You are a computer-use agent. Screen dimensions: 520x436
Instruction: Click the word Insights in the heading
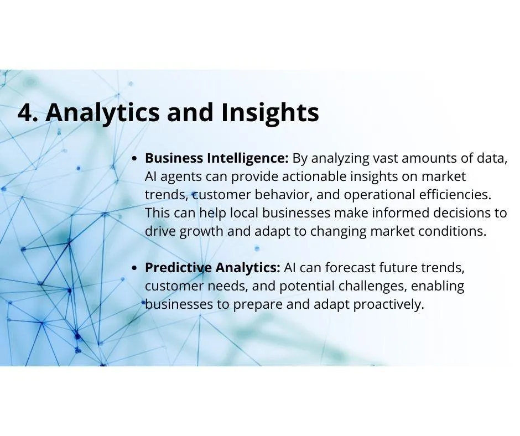(270, 113)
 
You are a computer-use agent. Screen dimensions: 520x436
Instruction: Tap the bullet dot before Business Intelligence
(134, 159)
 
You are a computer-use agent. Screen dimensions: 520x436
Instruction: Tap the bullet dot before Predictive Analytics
(134, 268)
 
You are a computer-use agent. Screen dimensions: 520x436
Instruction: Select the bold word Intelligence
(248, 159)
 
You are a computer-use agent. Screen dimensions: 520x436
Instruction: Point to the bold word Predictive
(179, 267)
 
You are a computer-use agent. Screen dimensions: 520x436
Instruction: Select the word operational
(379, 195)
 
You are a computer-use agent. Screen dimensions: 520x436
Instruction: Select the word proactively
(389, 305)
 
